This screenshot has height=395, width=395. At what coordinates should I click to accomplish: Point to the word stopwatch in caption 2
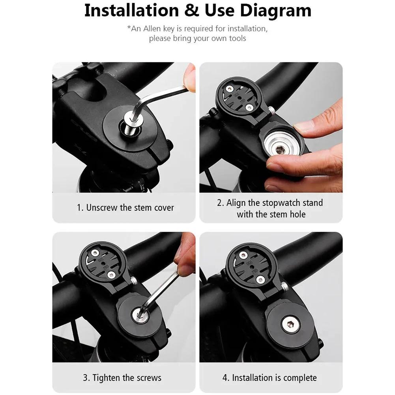pos(282,203)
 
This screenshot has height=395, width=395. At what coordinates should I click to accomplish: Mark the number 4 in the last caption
pos(225,378)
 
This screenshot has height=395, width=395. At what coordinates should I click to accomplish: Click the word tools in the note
pos(238,38)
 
